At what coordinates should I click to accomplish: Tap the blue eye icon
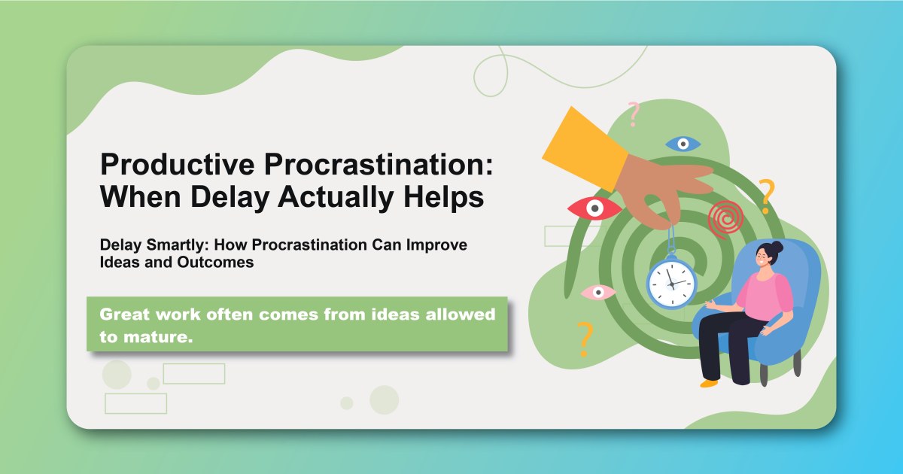pyautogui.click(x=683, y=143)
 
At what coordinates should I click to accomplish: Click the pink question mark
pyautogui.click(x=634, y=114)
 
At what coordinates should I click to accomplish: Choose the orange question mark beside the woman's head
pyautogui.click(x=766, y=196)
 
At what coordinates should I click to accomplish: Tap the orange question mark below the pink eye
pyautogui.click(x=583, y=339)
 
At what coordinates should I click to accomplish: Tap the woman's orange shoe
pyautogui.click(x=709, y=383)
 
